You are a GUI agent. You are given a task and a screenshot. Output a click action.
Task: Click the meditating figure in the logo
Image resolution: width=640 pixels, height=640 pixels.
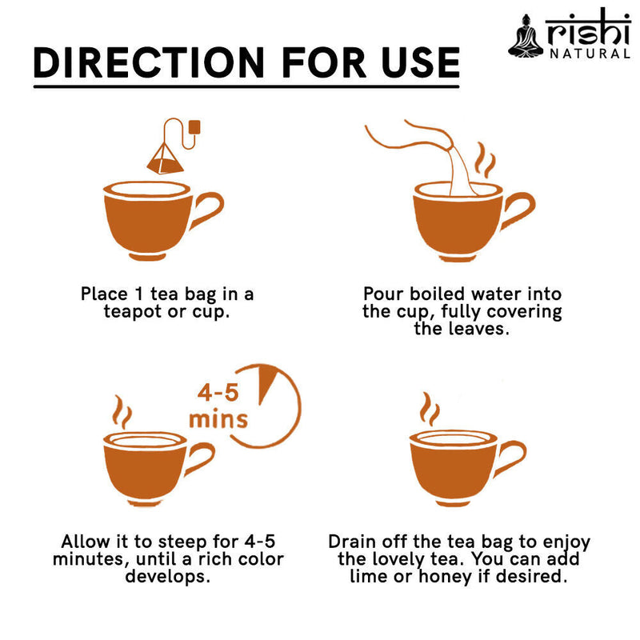click(x=525, y=36)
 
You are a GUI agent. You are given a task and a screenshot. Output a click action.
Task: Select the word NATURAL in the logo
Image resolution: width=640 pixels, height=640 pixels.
click(x=590, y=54)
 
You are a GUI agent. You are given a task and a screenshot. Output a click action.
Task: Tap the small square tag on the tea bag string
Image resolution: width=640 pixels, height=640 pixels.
click(x=194, y=126)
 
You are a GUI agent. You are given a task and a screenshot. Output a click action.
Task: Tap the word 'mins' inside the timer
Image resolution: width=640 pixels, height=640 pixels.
click(x=218, y=418)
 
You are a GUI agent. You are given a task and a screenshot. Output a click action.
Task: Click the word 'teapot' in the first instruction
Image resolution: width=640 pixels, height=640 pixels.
click(x=135, y=311)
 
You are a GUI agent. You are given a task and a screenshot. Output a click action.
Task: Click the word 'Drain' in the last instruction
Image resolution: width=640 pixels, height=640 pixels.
click(x=354, y=541)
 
